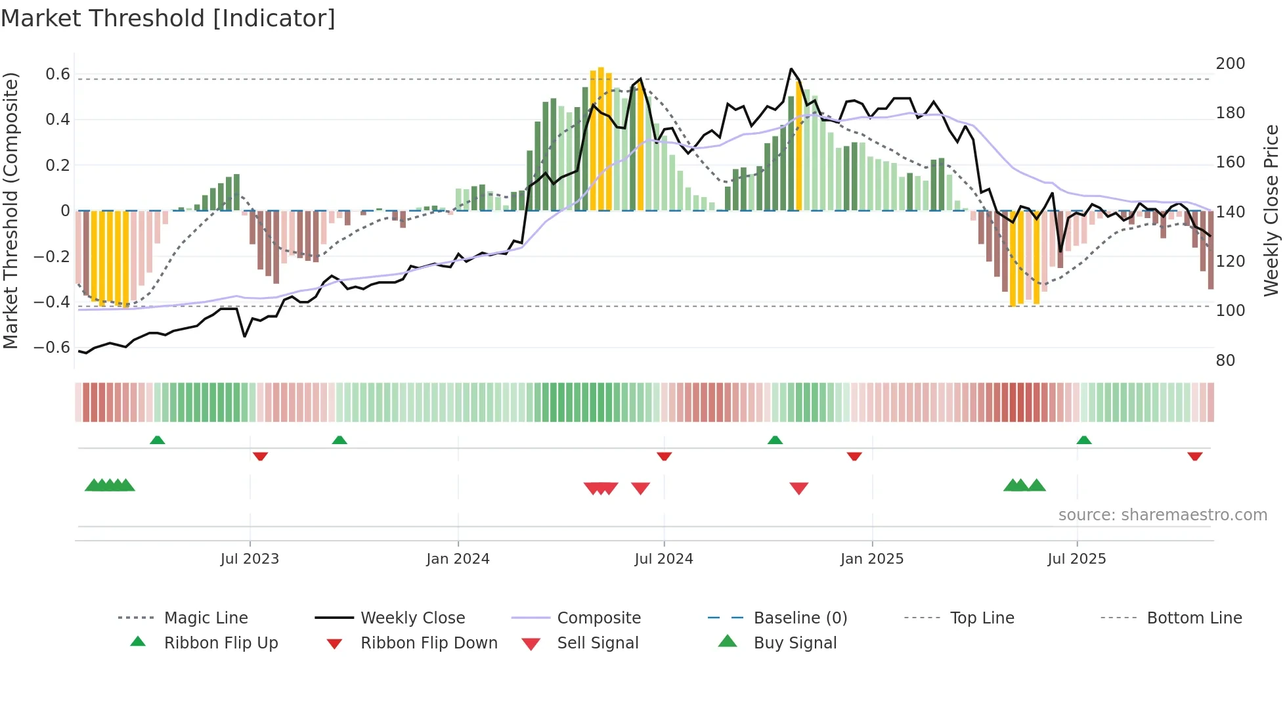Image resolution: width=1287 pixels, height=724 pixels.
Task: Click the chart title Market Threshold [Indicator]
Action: point(168,18)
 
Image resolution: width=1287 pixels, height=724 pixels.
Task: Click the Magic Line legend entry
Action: point(206,618)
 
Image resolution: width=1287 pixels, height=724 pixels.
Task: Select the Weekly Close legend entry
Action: point(412,618)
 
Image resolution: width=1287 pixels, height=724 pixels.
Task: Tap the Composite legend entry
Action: point(598,618)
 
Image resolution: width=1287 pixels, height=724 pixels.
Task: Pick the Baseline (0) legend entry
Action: point(800,618)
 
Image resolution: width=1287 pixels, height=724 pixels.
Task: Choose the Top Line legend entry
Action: point(982,618)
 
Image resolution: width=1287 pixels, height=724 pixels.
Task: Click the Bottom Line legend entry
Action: point(1194,618)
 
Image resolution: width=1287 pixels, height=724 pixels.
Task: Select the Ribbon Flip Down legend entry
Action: point(429,643)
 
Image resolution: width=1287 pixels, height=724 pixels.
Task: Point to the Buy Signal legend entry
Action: point(795,643)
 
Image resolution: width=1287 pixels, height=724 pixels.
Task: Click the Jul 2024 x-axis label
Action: point(663,558)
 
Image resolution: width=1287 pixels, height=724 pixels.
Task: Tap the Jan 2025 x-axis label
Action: point(871,558)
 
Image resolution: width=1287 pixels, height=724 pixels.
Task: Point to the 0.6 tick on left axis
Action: point(57,74)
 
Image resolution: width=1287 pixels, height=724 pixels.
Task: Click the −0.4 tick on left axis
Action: point(52,302)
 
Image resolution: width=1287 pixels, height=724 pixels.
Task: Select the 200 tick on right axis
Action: point(1230,64)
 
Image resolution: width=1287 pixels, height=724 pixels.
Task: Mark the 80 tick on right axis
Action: point(1225,360)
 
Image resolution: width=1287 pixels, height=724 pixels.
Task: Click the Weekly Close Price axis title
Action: point(1271,210)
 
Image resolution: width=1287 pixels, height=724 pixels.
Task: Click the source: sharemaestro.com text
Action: point(1162,514)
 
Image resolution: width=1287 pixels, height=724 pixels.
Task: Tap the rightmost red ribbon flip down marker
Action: point(1194,456)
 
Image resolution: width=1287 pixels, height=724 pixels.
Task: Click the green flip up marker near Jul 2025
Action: point(1083,440)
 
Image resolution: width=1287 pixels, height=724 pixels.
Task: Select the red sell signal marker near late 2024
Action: point(798,488)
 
